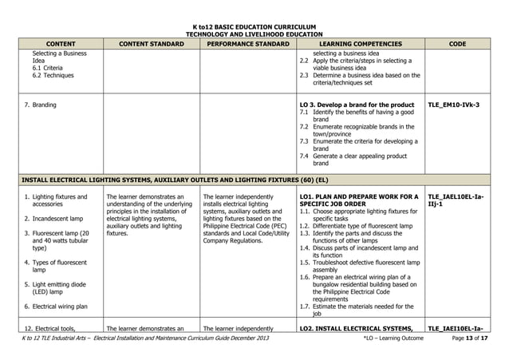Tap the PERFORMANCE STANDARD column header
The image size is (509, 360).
tap(247, 44)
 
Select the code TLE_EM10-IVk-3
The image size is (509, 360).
tap(453, 105)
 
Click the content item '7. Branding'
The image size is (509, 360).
tap(39, 105)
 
